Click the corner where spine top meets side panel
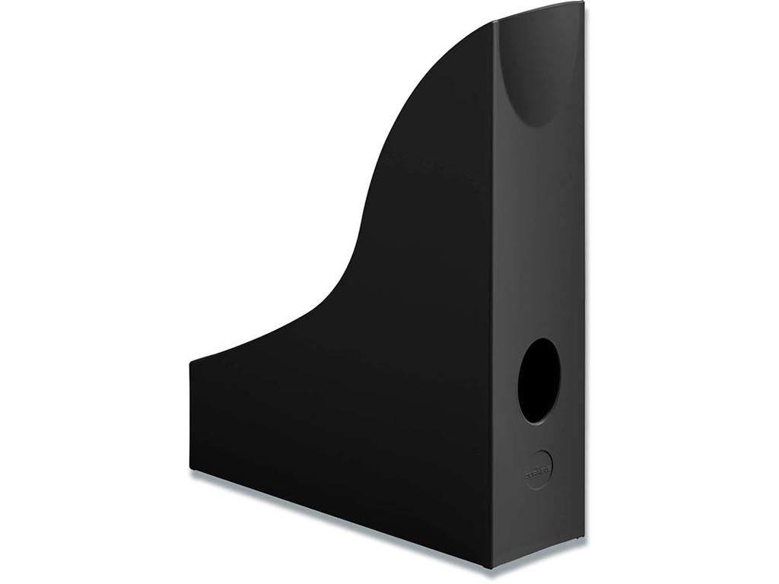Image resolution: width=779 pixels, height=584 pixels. tap(492, 22)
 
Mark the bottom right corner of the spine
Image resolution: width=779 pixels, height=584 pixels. tap(584, 537)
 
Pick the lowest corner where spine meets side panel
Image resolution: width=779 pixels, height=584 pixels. tap(491, 567)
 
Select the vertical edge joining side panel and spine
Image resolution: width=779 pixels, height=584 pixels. tap(492, 304)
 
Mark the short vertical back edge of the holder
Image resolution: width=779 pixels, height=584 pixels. tap(190, 415)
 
